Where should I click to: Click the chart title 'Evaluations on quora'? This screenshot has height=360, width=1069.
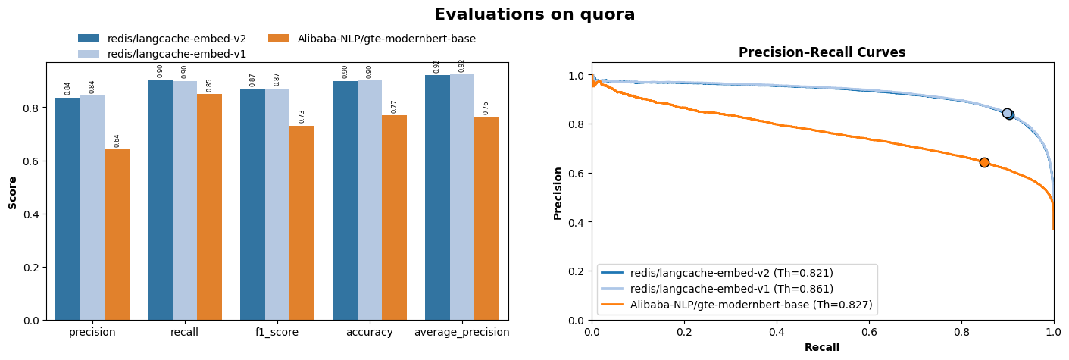[534, 14]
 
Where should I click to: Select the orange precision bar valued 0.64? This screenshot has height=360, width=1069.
[117, 235]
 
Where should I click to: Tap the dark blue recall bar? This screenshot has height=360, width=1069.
[160, 200]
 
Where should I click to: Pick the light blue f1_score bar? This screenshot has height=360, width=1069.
[277, 205]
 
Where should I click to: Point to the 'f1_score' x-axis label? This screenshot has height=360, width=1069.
[277, 332]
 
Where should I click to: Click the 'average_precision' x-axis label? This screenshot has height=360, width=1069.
[461, 332]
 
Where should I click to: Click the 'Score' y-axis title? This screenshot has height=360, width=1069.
[13, 193]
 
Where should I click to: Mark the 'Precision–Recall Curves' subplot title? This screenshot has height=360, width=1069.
[822, 52]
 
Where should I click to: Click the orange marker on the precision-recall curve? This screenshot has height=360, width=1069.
[984, 162]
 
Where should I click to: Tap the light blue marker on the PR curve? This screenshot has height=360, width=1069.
[1007, 113]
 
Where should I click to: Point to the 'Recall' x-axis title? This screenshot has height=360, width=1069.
[822, 347]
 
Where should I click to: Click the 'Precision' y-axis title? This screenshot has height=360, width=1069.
[558, 193]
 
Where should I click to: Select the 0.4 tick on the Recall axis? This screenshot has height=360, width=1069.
[777, 330]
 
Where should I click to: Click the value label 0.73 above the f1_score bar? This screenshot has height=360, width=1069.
[302, 116]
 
